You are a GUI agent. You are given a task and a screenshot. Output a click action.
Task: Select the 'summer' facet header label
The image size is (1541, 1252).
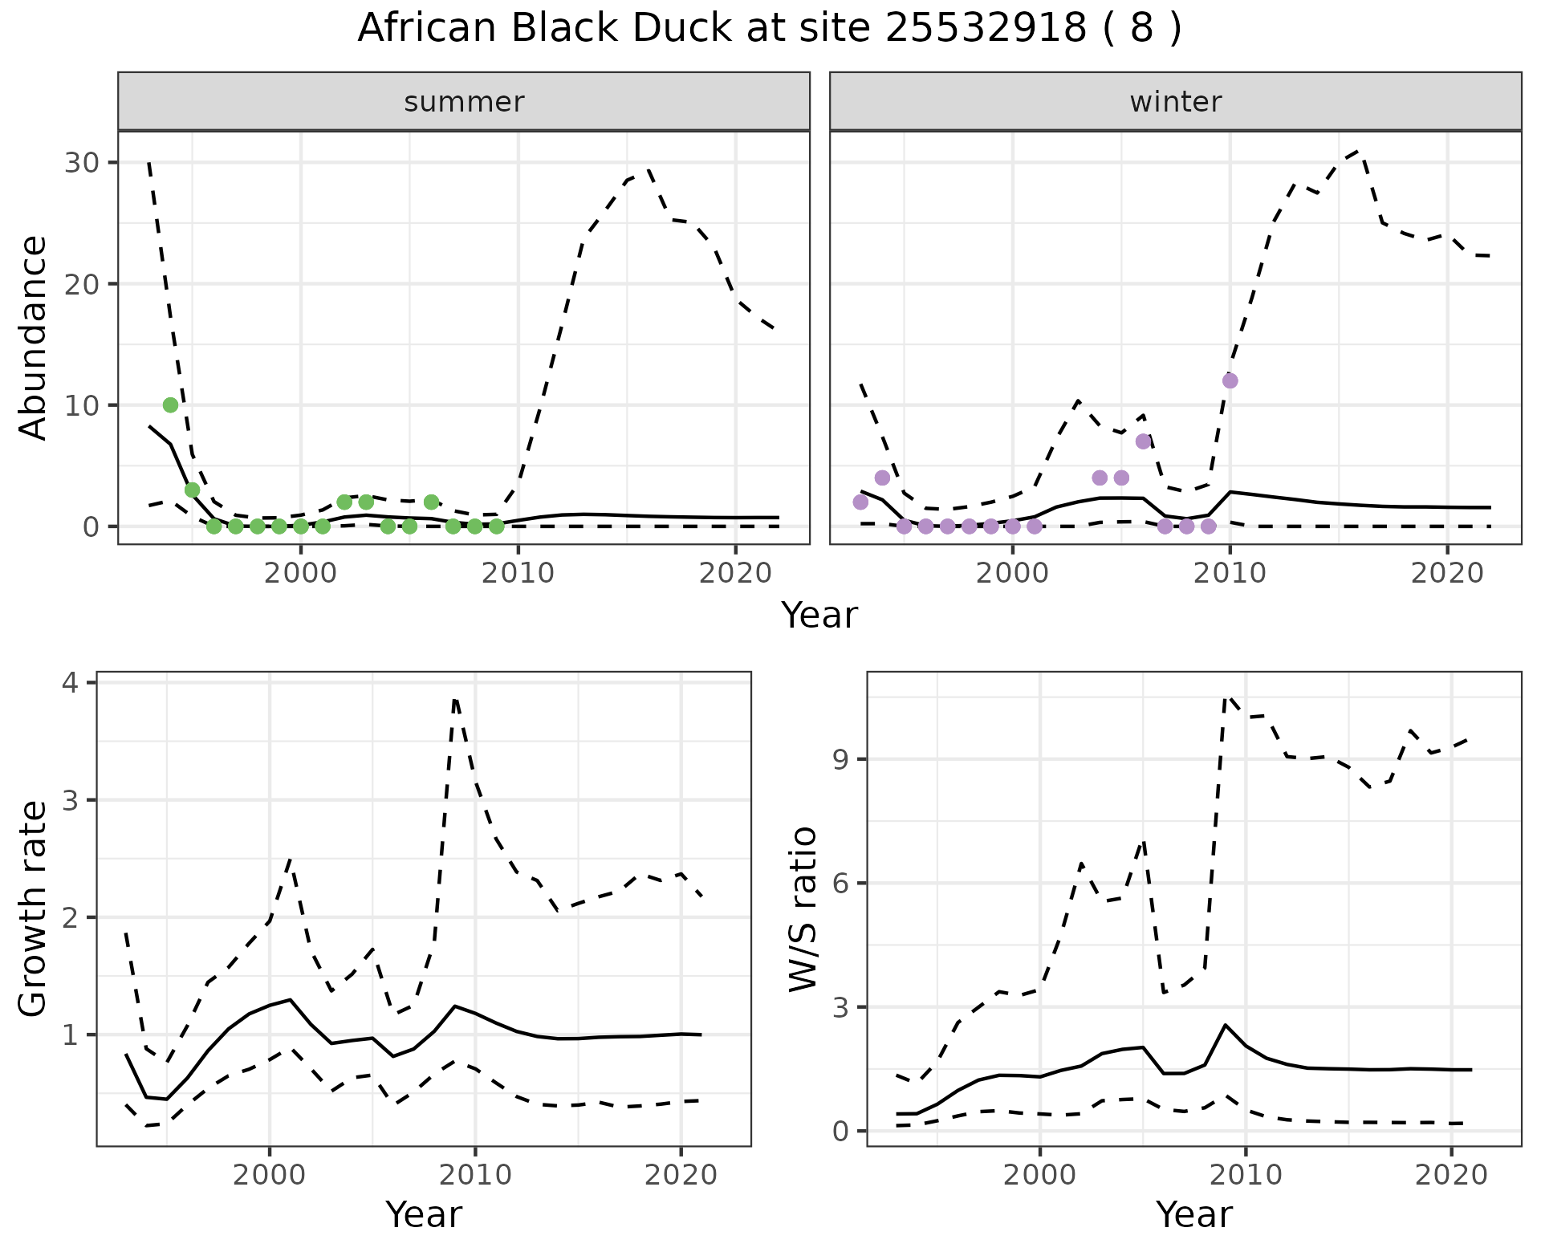pyautogui.click(x=464, y=102)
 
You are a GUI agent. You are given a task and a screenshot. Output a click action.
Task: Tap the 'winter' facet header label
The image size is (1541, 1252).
pyautogui.click(x=1175, y=102)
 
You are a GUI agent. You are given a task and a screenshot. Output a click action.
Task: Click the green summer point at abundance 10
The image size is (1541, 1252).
pyautogui.click(x=170, y=404)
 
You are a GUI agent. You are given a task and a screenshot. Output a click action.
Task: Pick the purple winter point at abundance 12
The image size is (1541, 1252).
pyautogui.click(x=1230, y=380)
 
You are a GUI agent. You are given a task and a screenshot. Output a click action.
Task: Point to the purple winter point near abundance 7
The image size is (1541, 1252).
pyautogui.click(x=1143, y=441)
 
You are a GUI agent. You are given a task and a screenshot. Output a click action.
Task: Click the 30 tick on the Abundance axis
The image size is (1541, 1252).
pyautogui.click(x=80, y=163)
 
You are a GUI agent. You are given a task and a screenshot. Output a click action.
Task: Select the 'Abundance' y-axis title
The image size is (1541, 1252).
pyautogui.click(x=34, y=337)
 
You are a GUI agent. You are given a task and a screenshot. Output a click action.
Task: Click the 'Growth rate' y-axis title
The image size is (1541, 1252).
pyautogui.click(x=34, y=909)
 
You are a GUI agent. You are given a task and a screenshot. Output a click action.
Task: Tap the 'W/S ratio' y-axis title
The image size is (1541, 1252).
pyautogui.click(x=803, y=909)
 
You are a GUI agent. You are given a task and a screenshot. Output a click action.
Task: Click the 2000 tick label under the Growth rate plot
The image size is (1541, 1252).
pyautogui.click(x=270, y=1175)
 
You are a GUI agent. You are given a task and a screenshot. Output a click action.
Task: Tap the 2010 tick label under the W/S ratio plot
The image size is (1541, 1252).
pyautogui.click(x=1245, y=1175)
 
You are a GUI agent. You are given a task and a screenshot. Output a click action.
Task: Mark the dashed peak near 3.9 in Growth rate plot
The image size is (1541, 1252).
pyautogui.click(x=456, y=700)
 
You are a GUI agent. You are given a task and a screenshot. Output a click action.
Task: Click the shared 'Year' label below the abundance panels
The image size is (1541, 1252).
pyautogui.click(x=819, y=616)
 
